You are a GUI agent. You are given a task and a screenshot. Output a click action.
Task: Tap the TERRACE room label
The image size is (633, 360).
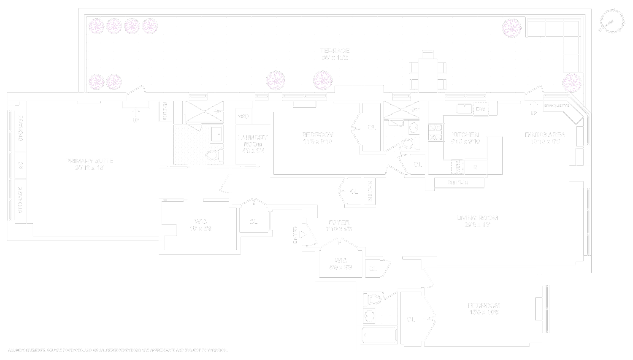(x=335, y=51)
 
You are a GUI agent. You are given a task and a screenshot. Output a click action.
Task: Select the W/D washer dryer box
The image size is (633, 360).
(x=243, y=116)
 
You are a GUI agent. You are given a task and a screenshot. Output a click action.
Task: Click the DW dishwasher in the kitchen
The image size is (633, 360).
(x=480, y=108)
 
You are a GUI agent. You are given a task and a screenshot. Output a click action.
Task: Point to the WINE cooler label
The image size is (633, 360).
(x=457, y=167)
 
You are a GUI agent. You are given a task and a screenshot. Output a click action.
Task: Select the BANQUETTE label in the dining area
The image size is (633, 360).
(x=556, y=106)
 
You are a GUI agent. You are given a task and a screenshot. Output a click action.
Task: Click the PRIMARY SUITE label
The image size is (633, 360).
(x=89, y=161)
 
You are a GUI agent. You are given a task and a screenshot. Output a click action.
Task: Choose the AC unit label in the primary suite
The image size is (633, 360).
(x=20, y=165)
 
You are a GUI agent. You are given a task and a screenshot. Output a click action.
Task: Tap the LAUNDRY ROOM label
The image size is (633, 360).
(x=253, y=141)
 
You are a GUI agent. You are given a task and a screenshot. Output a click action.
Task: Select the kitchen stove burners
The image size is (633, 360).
(x=435, y=132)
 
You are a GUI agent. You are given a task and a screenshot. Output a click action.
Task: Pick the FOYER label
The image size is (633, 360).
(x=338, y=222)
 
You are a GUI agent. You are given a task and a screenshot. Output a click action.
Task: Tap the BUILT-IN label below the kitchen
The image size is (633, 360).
(x=457, y=183)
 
